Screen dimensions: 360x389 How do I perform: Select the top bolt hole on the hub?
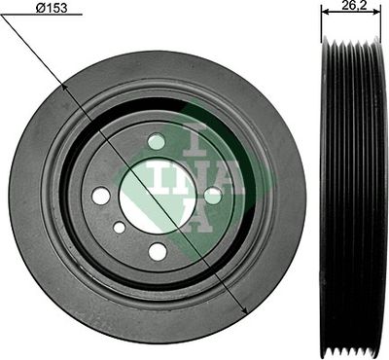(157, 142)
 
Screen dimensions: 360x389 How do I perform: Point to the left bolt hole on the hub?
(101, 196)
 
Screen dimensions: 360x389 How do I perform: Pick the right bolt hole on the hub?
(212, 196)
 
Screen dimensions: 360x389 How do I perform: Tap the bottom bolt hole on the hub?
(157, 251)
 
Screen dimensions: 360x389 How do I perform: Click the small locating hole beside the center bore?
(119, 228)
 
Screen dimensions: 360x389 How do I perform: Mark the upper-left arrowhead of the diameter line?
(65, 86)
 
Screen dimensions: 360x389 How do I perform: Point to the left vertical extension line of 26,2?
(322, 29)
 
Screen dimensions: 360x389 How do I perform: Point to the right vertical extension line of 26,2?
(385, 29)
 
